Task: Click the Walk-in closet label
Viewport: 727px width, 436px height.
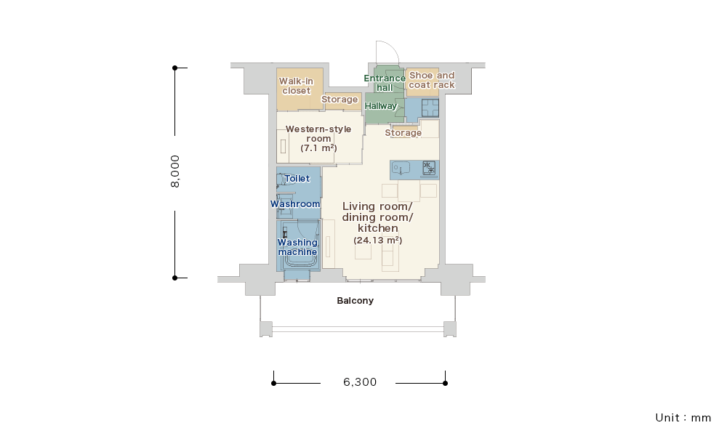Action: (x=297, y=86)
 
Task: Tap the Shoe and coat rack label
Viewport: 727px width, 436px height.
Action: (x=432, y=80)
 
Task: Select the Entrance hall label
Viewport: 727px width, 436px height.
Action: (x=385, y=83)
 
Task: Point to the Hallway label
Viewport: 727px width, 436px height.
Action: (x=381, y=106)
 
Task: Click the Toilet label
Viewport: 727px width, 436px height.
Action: (x=297, y=178)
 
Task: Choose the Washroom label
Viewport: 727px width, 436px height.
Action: (x=295, y=204)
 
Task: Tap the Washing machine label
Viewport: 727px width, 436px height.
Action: (x=297, y=247)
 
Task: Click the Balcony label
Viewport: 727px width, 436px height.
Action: (x=356, y=301)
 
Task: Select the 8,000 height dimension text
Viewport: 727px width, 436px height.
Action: (x=174, y=171)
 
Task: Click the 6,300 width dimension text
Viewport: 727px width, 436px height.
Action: (x=360, y=382)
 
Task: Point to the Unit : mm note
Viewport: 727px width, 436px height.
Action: (x=683, y=417)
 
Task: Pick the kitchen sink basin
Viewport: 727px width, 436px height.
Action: (x=401, y=168)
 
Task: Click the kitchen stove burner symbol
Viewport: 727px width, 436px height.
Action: (x=430, y=168)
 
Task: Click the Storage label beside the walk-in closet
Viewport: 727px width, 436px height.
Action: (x=340, y=100)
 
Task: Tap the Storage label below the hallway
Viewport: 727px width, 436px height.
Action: (x=403, y=133)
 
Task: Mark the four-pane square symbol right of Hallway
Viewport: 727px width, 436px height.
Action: (x=430, y=108)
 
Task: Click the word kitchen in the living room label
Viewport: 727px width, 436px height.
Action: (x=378, y=228)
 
